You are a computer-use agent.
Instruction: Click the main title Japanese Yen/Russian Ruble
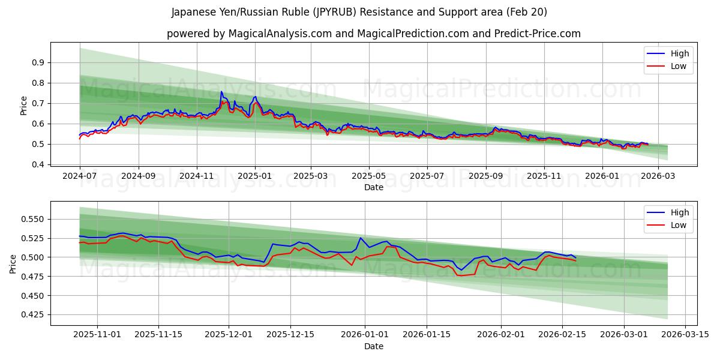[x=359, y=12]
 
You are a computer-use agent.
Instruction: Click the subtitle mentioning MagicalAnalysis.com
[x=373, y=34]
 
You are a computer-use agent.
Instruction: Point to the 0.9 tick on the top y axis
[x=39, y=62]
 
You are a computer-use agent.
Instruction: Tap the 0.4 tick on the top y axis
[x=39, y=164]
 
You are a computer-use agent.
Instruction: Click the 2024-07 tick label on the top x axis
[x=80, y=176]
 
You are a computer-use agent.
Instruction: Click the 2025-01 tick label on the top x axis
[x=255, y=176]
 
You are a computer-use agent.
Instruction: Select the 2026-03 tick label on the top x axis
[x=658, y=176]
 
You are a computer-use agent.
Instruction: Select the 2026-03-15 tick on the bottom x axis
[x=686, y=335]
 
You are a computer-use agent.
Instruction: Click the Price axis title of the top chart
[x=23, y=105]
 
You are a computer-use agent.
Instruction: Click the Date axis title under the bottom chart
[x=373, y=346]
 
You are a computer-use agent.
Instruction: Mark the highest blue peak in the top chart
[x=221, y=92]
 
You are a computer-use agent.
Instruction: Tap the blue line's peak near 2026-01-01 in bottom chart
[x=360, y=238]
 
